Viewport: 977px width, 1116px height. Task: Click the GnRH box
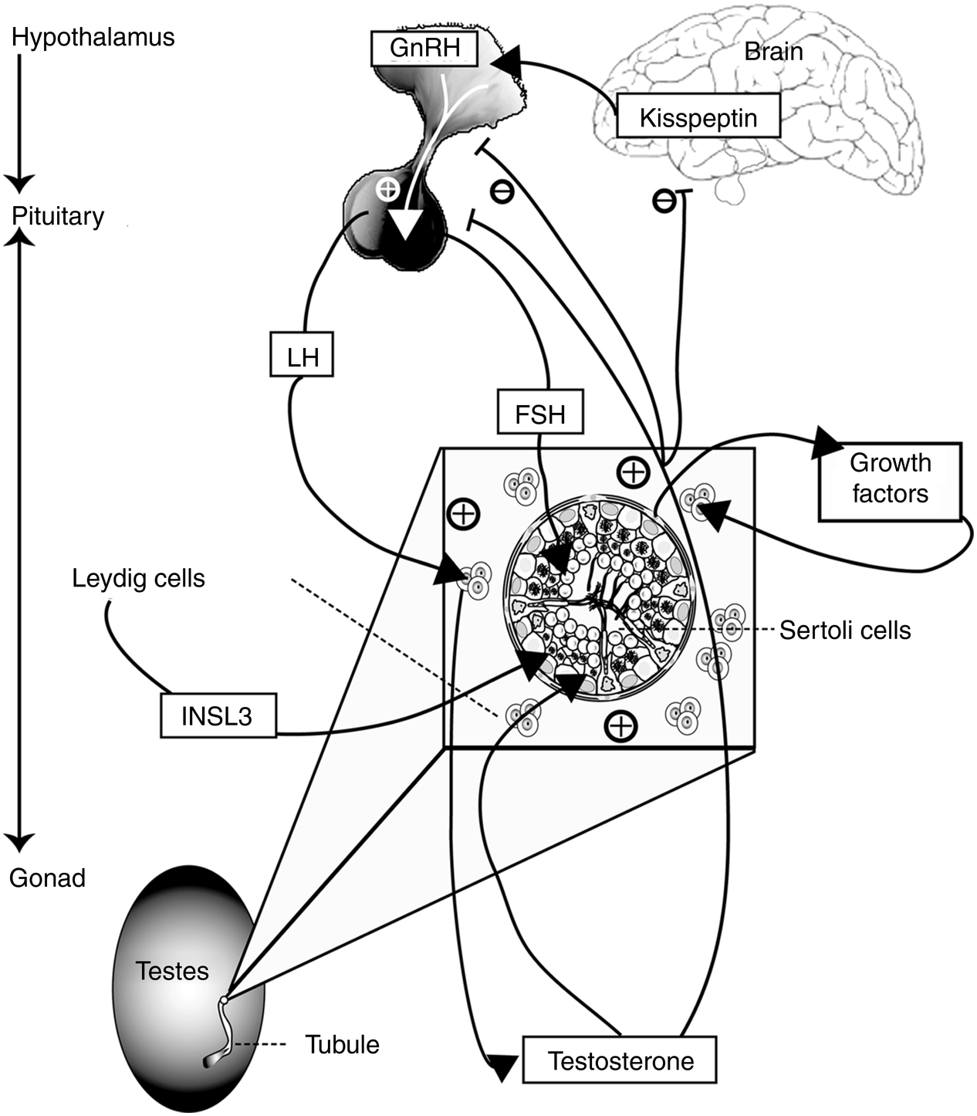tap(424, 48)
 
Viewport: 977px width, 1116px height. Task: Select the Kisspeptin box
tap(698, 117)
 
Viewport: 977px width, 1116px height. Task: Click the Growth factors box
tap(890, 480)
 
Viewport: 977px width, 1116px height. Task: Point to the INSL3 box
tap(218, 715)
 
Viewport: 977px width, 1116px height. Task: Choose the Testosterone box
tap(620, 1060)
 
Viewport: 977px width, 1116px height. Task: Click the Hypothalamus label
tap(93, 37)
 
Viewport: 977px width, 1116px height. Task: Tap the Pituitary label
tap(58, 216)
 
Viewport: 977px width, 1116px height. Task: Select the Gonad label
tap(47, 878)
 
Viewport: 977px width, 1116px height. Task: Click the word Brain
tap(773, 52)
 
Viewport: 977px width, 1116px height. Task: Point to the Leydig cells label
tap(139, 578)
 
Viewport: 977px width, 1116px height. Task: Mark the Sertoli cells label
tap(845, 630)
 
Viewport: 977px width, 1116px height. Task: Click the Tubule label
tap(343, 1044)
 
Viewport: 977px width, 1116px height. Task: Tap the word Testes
tap(172, 970)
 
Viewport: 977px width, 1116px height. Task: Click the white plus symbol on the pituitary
tap(387, 188)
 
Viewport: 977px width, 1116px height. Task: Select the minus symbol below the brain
tap(663, 201)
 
